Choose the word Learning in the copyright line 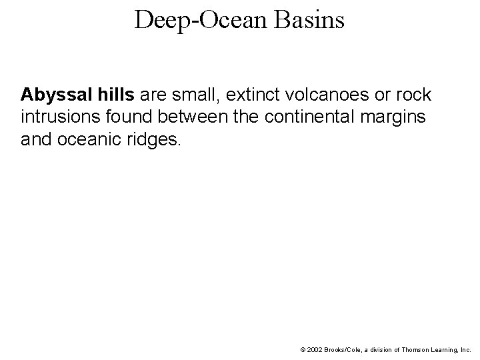[447, 349]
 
